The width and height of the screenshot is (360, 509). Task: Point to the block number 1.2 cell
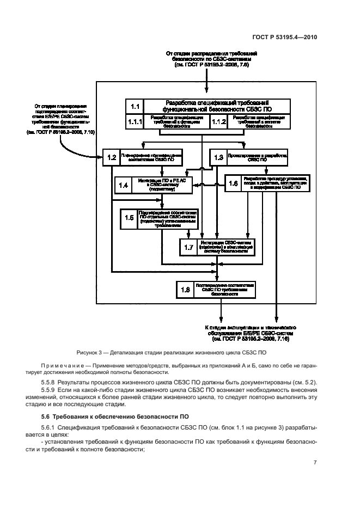(112, 158)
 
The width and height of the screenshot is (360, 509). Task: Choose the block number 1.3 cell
(219, 158)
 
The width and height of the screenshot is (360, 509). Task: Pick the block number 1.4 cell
(124, 186)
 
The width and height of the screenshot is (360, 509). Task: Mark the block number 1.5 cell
(130, 218)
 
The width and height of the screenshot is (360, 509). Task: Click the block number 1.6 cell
(234, 183)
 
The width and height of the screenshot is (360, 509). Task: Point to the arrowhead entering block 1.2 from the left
(101, 158)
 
